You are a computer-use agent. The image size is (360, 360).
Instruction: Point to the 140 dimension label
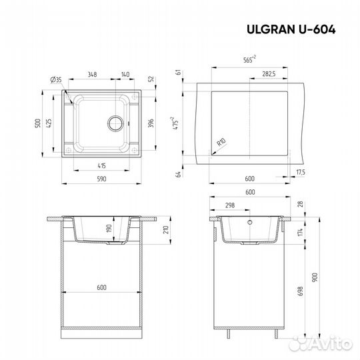click(125, 74)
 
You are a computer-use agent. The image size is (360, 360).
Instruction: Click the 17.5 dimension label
click(300, 173)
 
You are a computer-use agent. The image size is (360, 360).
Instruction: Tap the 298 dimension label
click(230, 206)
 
